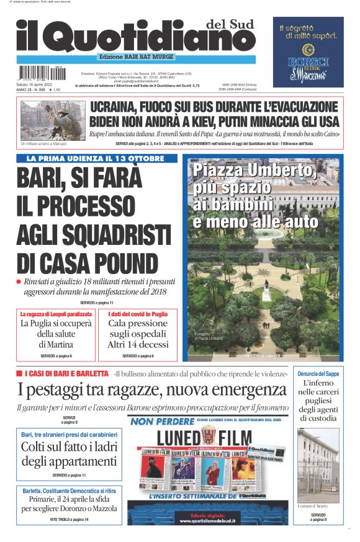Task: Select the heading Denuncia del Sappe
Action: click(318, 374)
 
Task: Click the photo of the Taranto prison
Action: click(318, 465)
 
